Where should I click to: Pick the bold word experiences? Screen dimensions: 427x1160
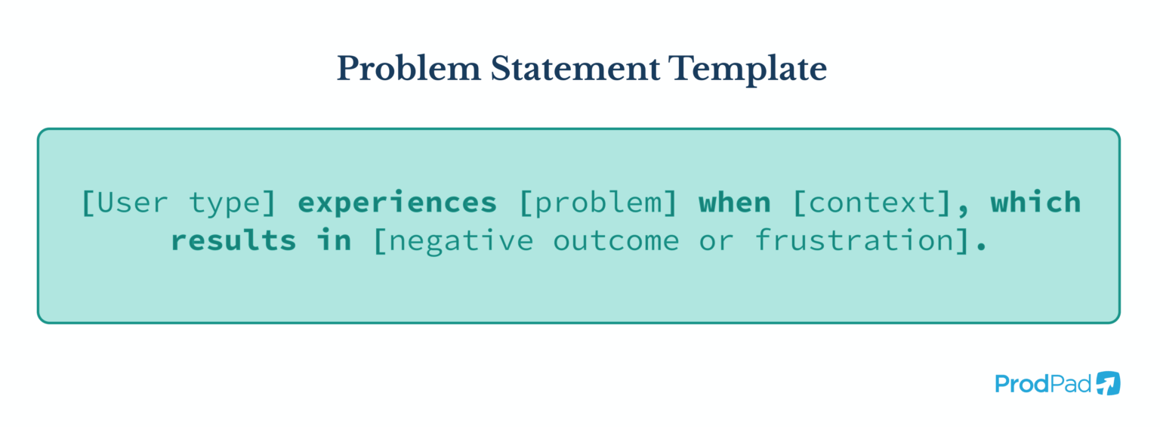tap(397, 203)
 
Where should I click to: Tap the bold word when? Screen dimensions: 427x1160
tap(734, 203)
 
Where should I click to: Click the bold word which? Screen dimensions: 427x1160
tap(1035, 203)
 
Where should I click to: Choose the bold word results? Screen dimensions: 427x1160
tap(233, 240)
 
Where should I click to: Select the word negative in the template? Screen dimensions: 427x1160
tap(460, 240)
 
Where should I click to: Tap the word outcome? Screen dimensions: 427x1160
tap(616, 240)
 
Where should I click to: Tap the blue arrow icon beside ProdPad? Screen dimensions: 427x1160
tap(1108, 383)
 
